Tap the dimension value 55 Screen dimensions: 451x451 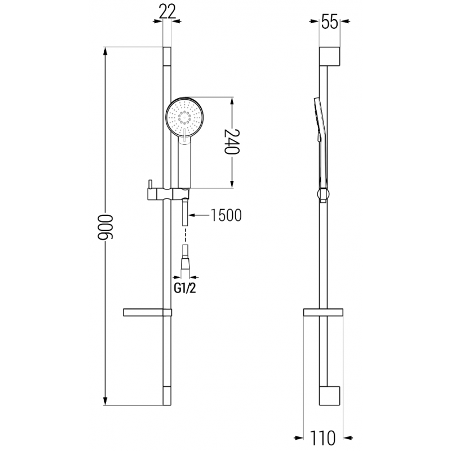[x=330, y=23]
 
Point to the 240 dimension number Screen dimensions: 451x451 [x=232, y=142]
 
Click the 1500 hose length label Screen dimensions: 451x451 [x=225, y=215]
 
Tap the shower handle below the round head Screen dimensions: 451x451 [x=184, y=163]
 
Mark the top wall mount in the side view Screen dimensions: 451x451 [x=330, y=56]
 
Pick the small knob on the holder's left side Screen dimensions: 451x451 [x=150, y=185]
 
